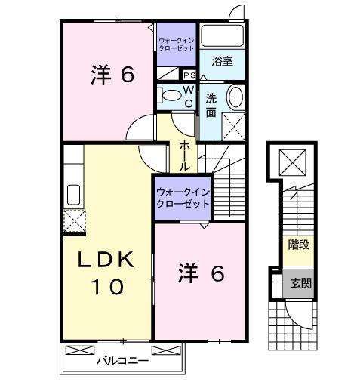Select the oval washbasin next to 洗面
(235, 98)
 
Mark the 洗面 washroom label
(211, 103)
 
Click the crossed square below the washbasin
(234, 126)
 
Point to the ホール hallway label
(185, 155)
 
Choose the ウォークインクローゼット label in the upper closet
(176, 43)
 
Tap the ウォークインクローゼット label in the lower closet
(182, 197)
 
